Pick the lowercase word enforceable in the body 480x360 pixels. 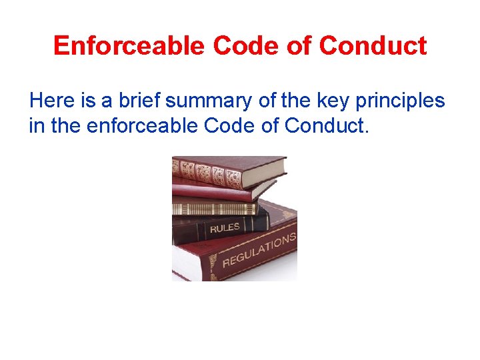(136, 125)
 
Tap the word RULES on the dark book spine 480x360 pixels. (225, 228)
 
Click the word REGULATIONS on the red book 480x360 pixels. (259, 250)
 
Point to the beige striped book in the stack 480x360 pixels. (213, 208)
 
